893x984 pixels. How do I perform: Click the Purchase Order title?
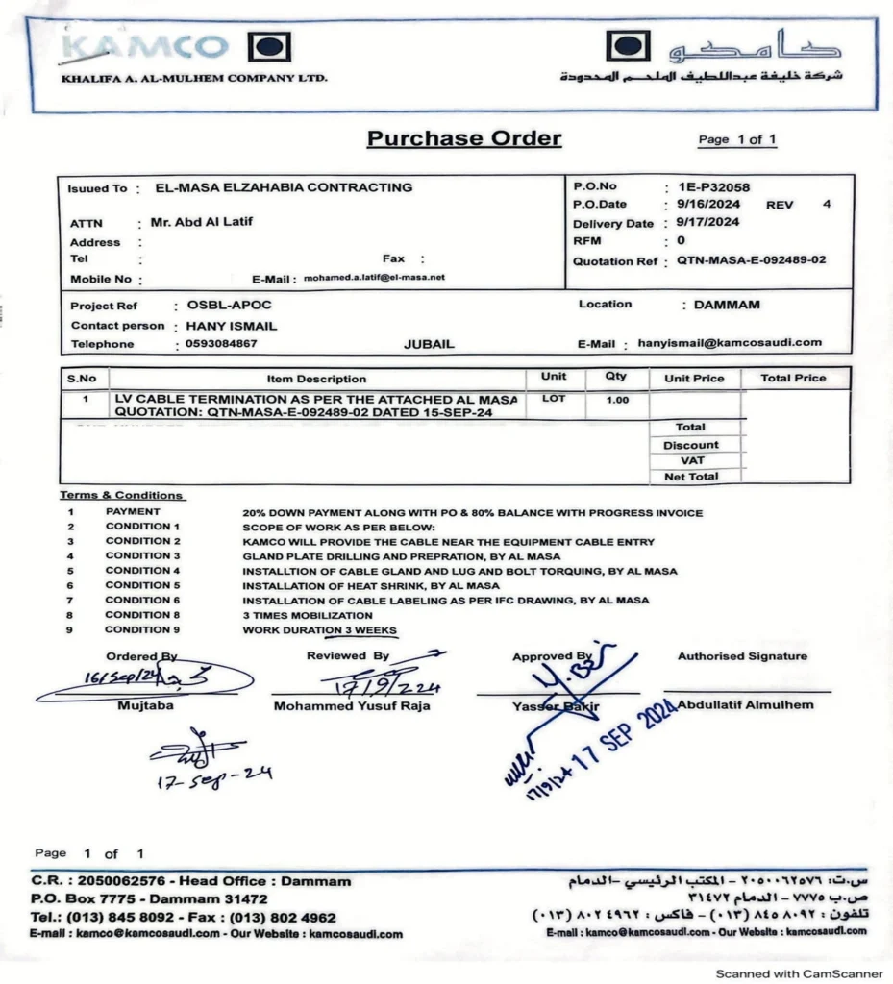tap(464, 138)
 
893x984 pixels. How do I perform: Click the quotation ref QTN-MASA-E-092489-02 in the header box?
tap(751, 260)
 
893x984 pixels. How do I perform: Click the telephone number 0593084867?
tap(222, 344)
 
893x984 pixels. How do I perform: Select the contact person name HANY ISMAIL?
tap(231, 326)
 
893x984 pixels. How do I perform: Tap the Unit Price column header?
tap(694, 379)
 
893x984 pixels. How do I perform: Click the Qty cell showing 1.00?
tap(616, 400)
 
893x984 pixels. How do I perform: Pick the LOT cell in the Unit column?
tap(554, 398)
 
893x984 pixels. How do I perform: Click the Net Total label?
tap(690, 477)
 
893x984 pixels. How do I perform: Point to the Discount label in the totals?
tap(690, 445)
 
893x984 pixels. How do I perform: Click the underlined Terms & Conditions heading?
tap(121, 495)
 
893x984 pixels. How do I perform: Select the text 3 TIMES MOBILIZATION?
tap(308, 615)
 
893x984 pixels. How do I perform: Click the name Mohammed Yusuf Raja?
tap(352, 706)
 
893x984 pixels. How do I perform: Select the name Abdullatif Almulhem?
tap(745, 704)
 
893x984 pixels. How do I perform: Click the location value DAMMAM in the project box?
tap(720, 305)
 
